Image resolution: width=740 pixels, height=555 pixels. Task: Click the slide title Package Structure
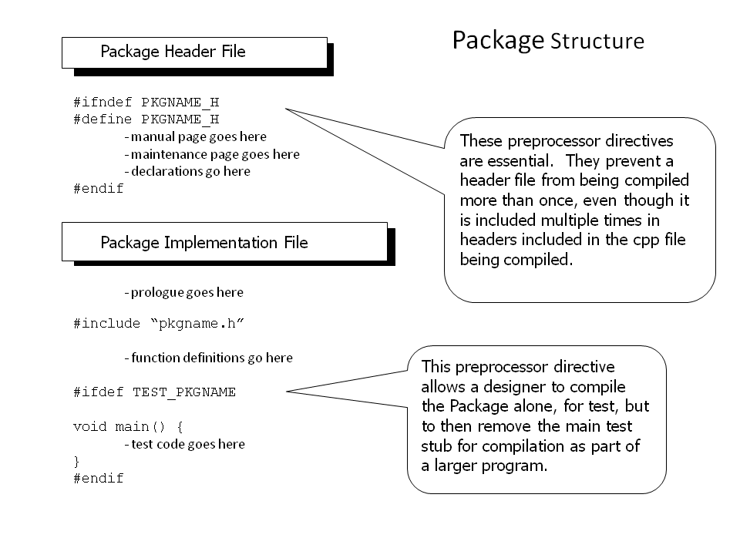pos(548,41)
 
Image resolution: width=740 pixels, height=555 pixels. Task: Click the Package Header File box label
pos(173,52)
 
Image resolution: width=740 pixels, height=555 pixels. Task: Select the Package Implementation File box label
pos(203,243)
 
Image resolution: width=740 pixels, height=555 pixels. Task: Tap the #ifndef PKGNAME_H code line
pos(146,102)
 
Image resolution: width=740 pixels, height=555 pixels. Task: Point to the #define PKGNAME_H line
pos(146,119)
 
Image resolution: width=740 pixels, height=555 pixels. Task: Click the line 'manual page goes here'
pos(195,137)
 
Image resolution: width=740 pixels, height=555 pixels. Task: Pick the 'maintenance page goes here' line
pos(212,154)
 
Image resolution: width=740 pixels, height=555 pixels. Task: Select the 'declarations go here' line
pos(187,171)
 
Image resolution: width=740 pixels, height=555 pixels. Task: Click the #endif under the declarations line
pos(98,188)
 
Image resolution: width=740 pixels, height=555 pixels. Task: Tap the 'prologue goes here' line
pos(184,293)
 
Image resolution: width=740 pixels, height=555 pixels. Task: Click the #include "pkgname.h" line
pos(159,323)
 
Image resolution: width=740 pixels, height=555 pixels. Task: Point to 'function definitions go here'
pos(209,358)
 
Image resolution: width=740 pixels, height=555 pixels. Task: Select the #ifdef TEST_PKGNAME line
pos(154,392)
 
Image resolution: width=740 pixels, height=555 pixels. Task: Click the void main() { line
pos(128,426)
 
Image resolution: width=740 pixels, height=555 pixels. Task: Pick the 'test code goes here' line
pos(184,444)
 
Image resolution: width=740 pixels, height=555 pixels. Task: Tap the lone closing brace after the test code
pos(76,461)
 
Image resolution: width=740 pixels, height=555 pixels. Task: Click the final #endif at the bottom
pos(98,478)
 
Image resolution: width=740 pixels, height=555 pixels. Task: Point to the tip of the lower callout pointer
pos(287,392)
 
